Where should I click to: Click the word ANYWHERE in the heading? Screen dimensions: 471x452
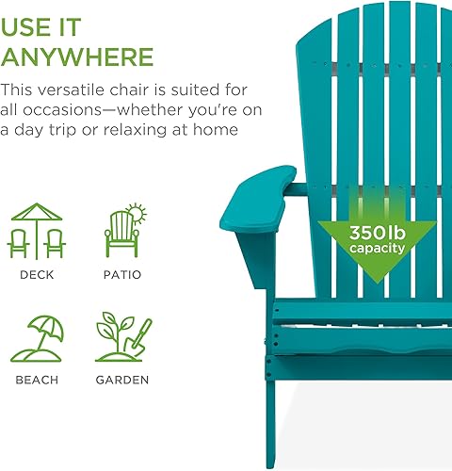click(77, 56)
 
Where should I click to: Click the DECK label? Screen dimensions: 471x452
click(37, 275)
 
